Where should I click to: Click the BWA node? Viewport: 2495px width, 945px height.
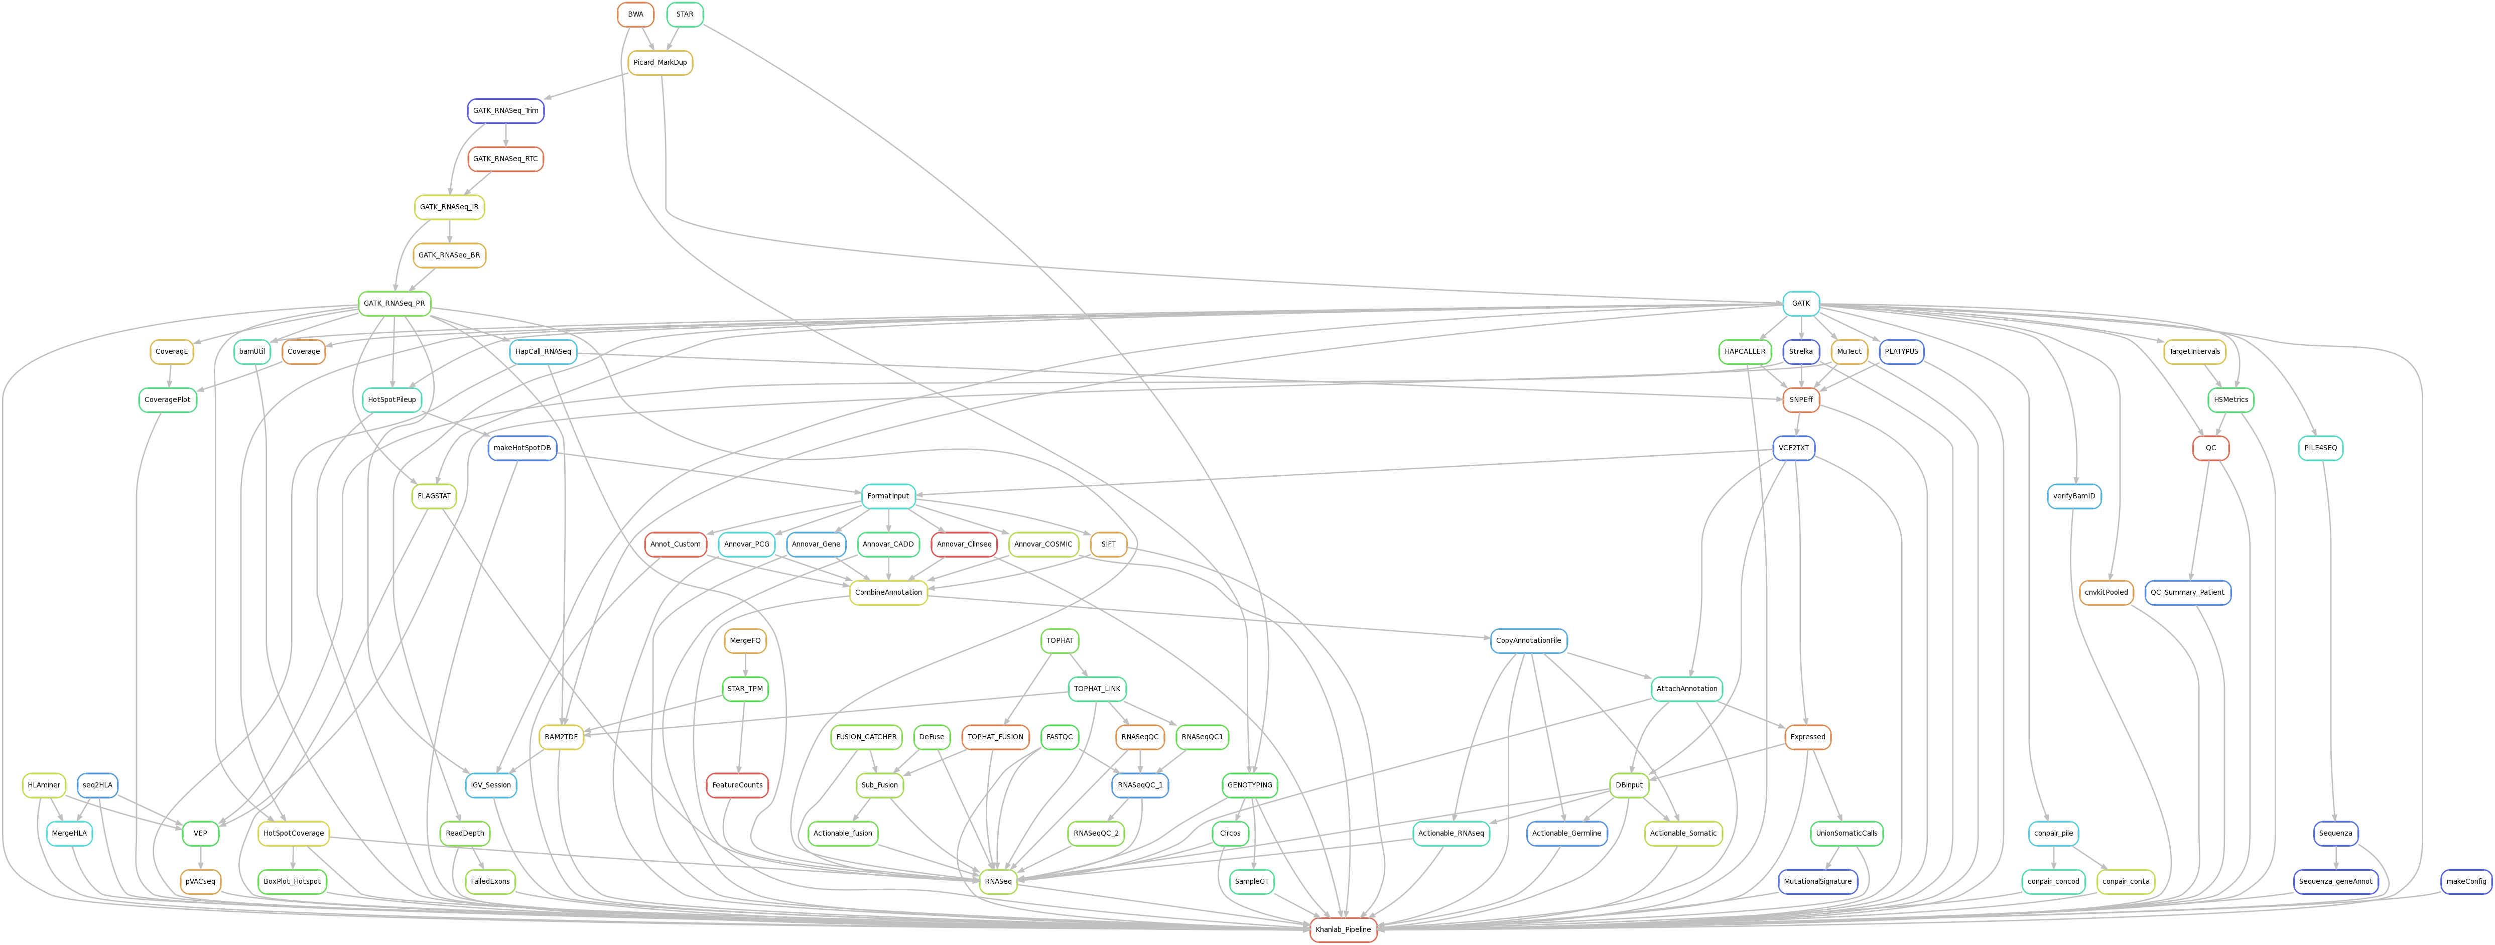(x=635, y=15)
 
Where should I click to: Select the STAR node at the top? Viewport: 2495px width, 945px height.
(x=685, y=15)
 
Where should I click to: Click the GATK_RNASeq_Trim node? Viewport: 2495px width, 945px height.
(x=505, y=110)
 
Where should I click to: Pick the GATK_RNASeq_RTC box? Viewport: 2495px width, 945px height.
(x=505, y=159)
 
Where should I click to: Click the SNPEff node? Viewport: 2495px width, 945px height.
(x=1800, y=400)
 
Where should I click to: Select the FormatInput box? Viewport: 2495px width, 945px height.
(x=888, y=496)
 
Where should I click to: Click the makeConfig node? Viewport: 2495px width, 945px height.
(x=2466, y=881)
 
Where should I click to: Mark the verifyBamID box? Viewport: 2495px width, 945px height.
(x=2074, y=496)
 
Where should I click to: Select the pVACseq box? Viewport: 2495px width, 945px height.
(x=200, y=881)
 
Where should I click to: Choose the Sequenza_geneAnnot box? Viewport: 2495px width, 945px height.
(x=2336, y=881)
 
